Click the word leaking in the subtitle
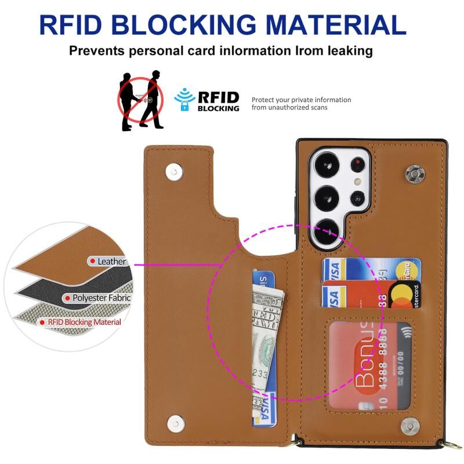click(x=342, y=51)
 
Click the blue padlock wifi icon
click(x=185, y=99)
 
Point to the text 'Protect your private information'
click(x=301, y=100)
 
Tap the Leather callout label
click(x=111, y=262)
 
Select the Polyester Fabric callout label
click(x=101, y=298)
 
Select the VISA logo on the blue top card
click(x=333, y=270)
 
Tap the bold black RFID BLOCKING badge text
click(x=218, y=101)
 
